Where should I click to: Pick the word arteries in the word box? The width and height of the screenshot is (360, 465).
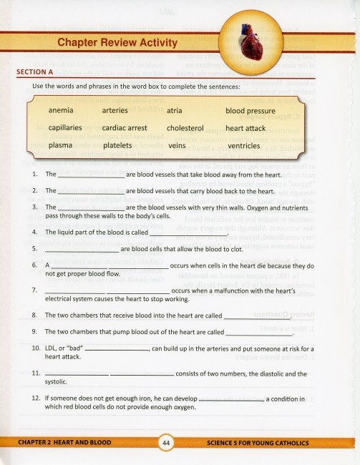pos(115,111)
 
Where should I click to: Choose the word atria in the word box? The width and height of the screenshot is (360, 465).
pos(174,111)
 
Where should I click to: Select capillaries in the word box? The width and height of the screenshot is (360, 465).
pos(65,128)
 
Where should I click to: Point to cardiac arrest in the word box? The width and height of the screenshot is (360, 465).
pos(125,128)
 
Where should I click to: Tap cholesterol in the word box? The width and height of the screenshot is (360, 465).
pos(185,128)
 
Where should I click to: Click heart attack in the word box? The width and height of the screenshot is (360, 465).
pos(245,128)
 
